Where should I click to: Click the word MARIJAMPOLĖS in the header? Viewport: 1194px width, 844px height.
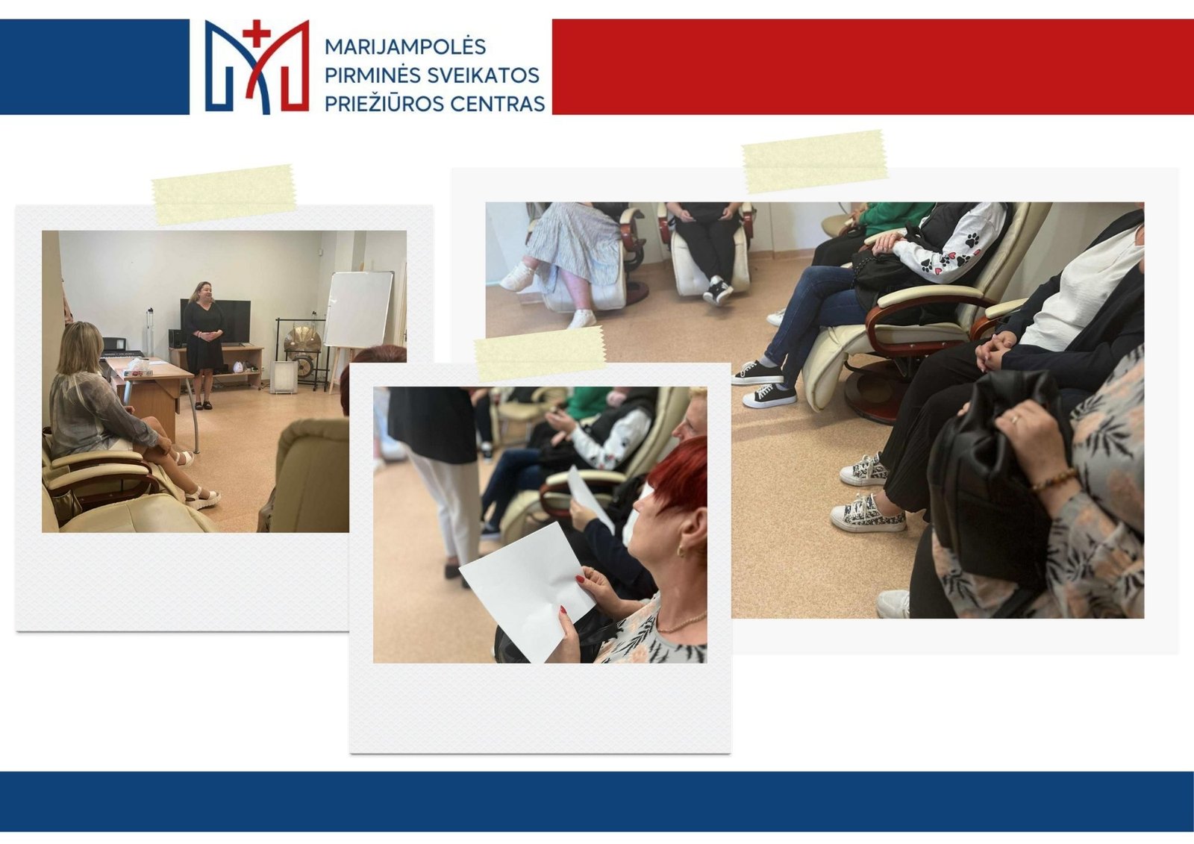coord(405,47)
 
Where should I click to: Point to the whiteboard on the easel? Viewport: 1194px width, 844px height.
coord(358,309)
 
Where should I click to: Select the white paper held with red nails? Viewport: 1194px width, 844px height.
coord(526,591)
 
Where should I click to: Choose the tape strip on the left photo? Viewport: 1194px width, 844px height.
coord(224,194)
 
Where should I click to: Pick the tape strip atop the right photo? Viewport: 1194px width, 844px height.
coord(814,161)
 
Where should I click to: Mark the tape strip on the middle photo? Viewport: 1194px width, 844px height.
coord(540,354)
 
